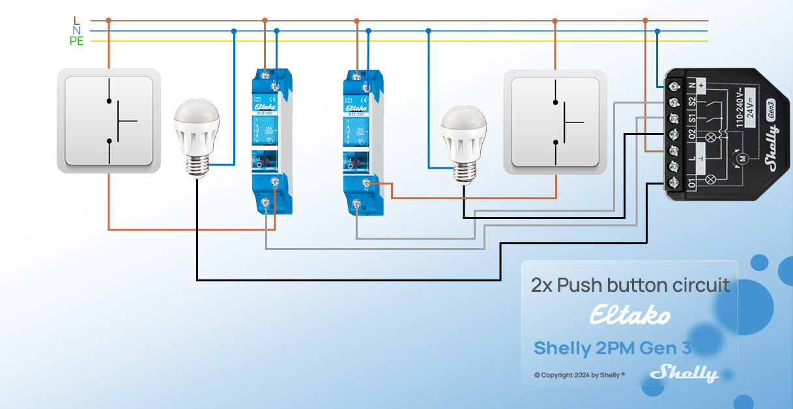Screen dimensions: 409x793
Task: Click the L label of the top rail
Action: tap(76, 21)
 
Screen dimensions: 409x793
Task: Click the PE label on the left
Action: tap(77, 41)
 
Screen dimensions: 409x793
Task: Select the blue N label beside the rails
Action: tap(76, 31)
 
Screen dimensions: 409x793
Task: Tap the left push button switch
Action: tap(109, 121)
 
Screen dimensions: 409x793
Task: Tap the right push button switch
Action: tap(555, 122)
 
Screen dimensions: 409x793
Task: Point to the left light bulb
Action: tap(195, 137)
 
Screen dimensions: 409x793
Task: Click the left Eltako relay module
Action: tap(272, 141)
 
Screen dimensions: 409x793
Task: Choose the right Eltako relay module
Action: tap(363, 141)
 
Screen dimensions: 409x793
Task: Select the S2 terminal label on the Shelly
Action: tap(692, 102)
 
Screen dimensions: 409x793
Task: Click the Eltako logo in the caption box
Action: tap(629, 316)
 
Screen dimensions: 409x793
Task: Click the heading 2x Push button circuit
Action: tap(630, 285)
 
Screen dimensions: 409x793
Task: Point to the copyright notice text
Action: tap(579, 375)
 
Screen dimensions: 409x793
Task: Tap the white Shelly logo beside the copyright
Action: tap(685, 373)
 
